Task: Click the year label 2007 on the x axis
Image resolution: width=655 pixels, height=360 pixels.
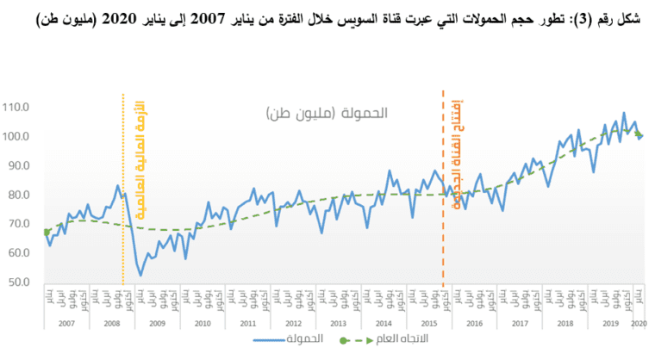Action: point(66,323)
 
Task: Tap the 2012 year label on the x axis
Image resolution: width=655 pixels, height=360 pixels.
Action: point(292,323)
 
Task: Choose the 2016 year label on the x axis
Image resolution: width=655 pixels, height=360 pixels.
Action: point(473,323)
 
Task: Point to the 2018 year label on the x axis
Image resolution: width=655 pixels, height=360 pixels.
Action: point(564,323)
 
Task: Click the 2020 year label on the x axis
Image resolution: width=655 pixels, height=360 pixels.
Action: point(639,323)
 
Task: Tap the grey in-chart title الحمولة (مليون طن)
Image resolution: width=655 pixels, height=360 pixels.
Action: point(327,113)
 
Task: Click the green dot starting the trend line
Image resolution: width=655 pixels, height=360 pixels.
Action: point(46,232)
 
